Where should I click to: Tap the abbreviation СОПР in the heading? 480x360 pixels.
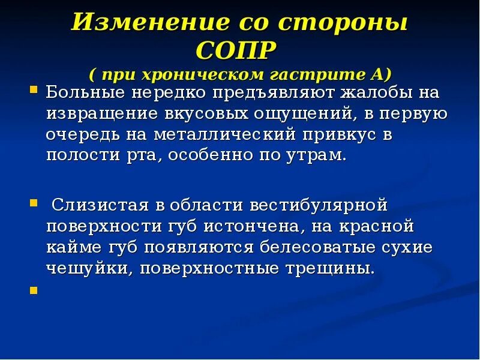[x=236, y=49]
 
